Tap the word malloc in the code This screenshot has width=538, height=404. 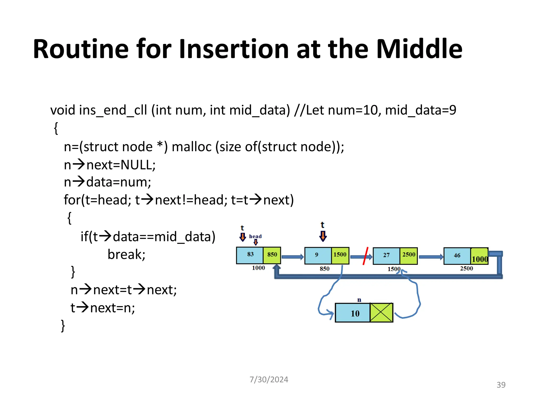click(192, 147)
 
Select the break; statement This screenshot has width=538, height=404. click(126, 254)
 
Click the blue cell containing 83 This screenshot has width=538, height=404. click(250, 255)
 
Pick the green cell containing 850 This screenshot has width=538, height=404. click(272, 255)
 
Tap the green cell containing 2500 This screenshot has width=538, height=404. click(408, 255)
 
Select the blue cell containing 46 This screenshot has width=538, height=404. click(457, 256)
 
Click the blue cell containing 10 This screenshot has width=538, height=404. click(353, 313)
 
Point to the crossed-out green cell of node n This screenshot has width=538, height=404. click(381, 313)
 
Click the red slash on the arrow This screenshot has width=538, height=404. click(365, 256)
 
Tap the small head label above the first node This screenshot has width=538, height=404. click(255, 236)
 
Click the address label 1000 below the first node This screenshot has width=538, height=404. click(258, 268)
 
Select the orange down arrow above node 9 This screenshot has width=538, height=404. click(323, 236)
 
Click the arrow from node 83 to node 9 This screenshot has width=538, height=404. click(292, 257)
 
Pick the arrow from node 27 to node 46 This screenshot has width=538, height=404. click(431, 257)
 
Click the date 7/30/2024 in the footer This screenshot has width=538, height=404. click(269, 380)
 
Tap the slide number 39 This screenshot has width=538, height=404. click(501, 385)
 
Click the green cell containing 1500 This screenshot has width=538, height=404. click(340, 255)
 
